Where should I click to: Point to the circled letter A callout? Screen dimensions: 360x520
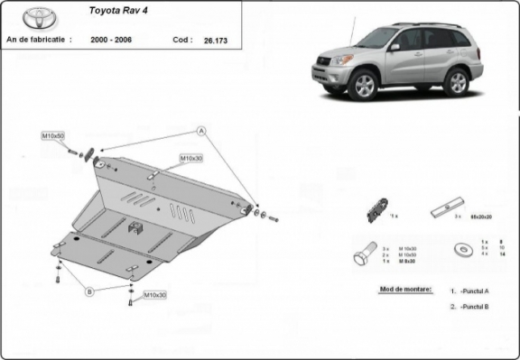[202, 131]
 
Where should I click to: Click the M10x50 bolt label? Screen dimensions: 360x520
[52, 135]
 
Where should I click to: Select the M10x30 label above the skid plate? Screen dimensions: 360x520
[190, 158]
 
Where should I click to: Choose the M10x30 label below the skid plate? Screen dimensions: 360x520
[155, 294]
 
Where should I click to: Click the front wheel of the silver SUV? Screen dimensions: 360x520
[365, 85]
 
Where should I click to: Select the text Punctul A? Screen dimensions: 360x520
[475, 291]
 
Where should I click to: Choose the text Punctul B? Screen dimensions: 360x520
[475, 307]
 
